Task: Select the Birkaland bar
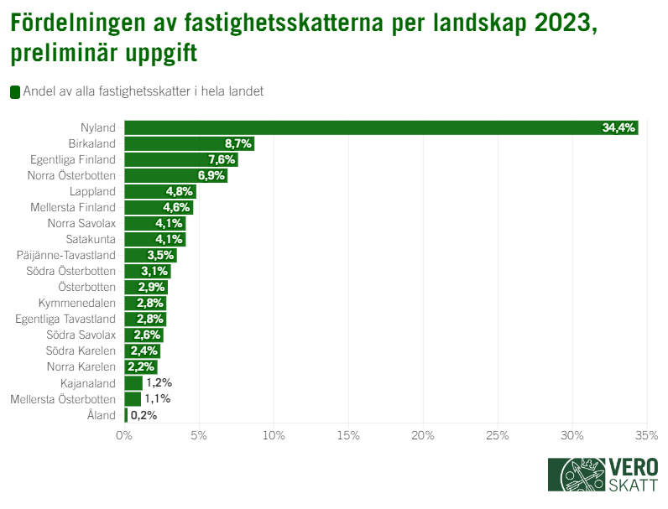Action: click(189, 143)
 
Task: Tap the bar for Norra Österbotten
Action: click(175, 175)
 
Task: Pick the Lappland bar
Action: click(159, 191)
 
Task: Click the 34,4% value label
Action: click(618, 127)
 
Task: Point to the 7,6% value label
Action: click(222, 159)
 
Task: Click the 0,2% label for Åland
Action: click(144, 415)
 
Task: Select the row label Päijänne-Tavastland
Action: click(66, 255)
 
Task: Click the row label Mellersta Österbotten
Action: click(63, 399)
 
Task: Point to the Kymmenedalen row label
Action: click(77, 303)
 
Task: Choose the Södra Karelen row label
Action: click(81, 351)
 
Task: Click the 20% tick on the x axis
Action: click(423, 435)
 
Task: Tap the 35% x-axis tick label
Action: click(646, 435)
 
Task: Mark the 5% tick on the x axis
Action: click(199, 435)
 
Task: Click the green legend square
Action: click(14, 91)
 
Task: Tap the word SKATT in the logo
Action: click(633, 485)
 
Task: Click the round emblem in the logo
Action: click(584, 475)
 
